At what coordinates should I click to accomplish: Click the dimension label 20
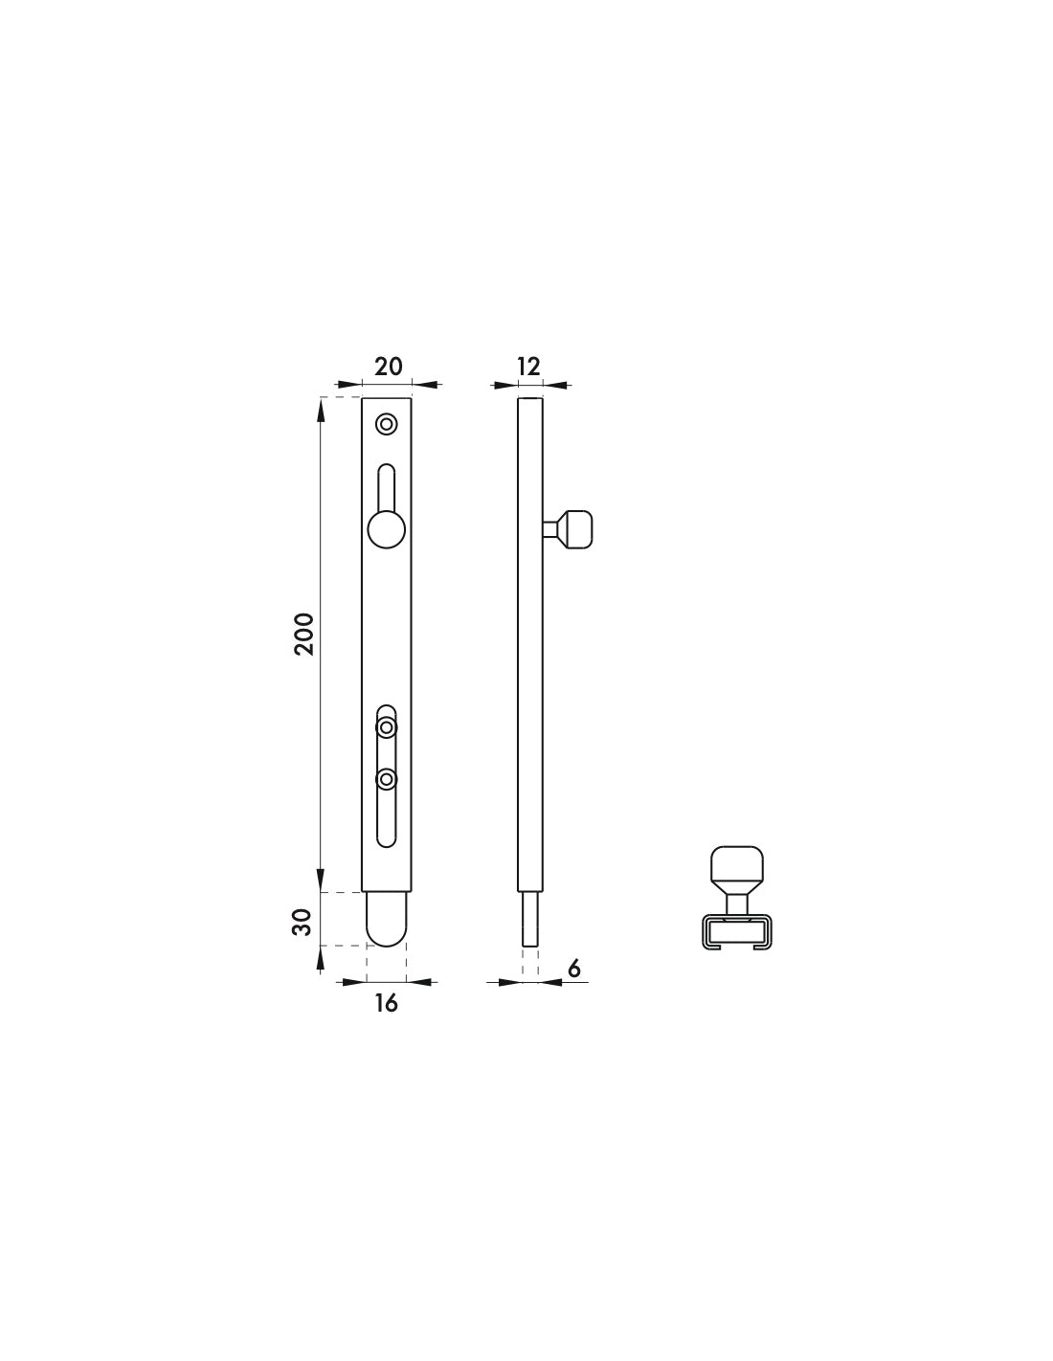388,366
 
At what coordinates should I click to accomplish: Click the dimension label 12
528,366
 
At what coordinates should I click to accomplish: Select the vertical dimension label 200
303,633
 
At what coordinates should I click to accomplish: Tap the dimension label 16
386,1003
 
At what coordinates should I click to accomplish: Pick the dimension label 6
574,969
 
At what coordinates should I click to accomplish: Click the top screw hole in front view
387,423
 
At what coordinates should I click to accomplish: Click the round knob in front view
386,528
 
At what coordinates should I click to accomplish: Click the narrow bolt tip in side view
530,921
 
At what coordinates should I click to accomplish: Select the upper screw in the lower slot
387,728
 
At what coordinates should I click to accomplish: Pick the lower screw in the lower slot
387,780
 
